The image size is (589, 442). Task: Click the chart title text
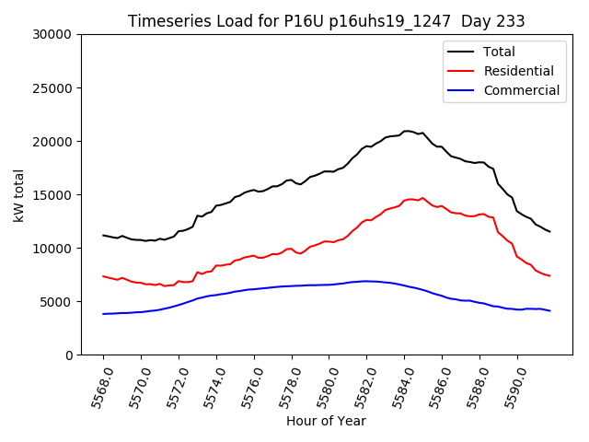(x=325, y=21)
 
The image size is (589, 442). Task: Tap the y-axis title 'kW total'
(x=19, y=194)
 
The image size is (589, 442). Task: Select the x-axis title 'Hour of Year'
(x=326, y=421)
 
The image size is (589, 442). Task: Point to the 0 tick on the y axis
(x=70, y=355)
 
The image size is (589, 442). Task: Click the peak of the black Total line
(x=407, y=131)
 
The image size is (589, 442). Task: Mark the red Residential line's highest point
(x=422, y=197)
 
